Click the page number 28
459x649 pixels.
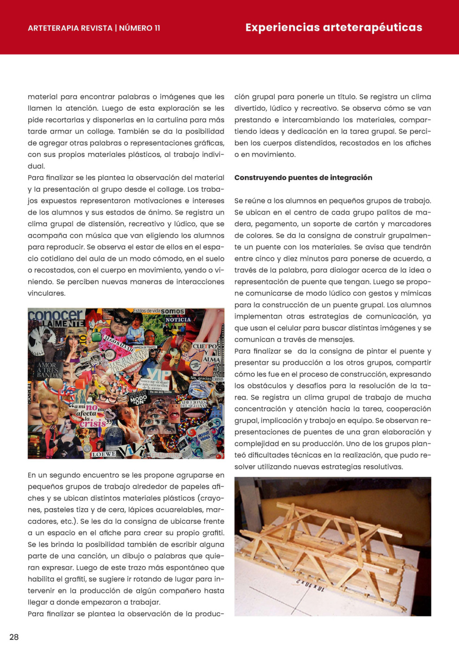tap(14, 637)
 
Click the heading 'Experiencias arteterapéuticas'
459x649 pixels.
tap(333, 28)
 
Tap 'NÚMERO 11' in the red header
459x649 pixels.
tap(139, 28)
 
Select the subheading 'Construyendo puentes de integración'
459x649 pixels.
tap(303, 177)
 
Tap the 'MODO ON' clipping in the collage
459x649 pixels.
tap(138, 398)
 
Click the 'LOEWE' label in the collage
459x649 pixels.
tap(104, 454)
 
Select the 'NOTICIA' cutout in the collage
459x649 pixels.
tap(178, 320)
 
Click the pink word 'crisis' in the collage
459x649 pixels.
tap(93, 423)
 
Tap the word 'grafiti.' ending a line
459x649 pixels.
tap(211, 533)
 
